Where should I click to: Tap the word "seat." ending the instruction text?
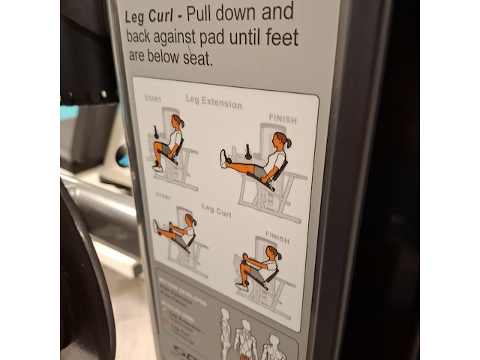pyautogui.click(x=198, y=59)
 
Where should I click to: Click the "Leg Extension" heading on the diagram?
pyautogui.click(x=214, y=102)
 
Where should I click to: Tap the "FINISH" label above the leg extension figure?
pyautogui.click(x=283, y=119)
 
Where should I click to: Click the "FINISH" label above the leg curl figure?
pyautogui.click(x=277, y=239)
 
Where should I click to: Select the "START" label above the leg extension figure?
pyautogui.click(x=152, y=98)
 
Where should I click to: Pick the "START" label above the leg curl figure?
pyautogui.click(x=163, y=196)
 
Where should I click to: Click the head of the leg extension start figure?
pyautogui.click(x=177, y=121)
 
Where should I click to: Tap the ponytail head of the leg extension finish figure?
pyautogui.click(x=280, y=140)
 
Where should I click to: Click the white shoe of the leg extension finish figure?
pyautogui.click(x=223, y=158)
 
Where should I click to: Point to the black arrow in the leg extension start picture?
pyautogui.click(x=156, y=133)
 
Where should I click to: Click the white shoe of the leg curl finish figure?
pyautogui.click(x=242, y=286)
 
